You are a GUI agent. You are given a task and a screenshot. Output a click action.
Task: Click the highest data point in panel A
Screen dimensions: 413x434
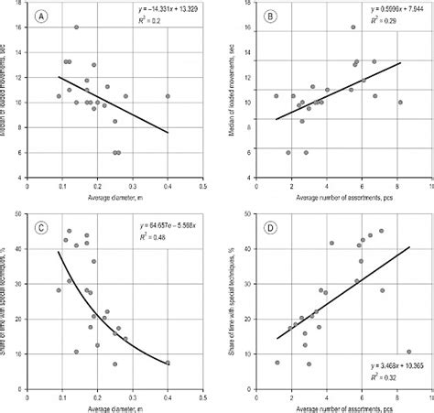(76, 27)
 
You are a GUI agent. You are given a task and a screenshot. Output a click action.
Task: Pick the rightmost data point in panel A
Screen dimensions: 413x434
(168, 96)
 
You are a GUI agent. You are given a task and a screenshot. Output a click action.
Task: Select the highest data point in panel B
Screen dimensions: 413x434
(353, 27)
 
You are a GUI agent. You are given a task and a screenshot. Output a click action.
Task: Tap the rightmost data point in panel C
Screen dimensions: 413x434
(168, 363)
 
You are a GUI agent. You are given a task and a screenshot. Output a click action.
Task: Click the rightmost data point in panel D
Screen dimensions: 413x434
(408, 352)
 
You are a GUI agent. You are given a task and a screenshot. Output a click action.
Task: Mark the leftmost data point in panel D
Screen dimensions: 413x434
(277, 363)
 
